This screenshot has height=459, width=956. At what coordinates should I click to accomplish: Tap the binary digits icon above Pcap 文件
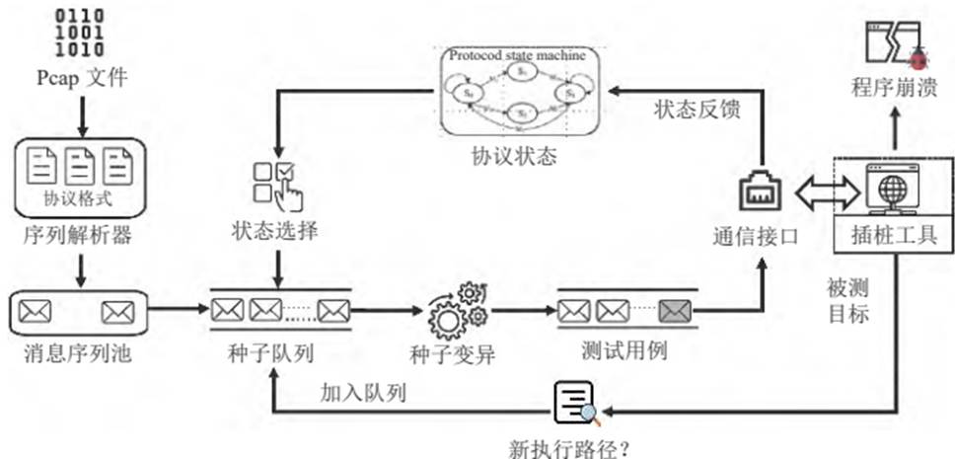[80, 33]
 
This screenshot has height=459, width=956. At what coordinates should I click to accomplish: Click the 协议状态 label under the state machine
[521, 157]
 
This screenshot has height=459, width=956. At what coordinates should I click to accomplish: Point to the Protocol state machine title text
[517, 55]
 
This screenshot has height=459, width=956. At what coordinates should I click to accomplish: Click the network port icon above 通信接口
[761, 191]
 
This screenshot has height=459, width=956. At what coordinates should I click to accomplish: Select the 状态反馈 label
[693, 110]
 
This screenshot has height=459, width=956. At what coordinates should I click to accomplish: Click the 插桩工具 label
[893, 236]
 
